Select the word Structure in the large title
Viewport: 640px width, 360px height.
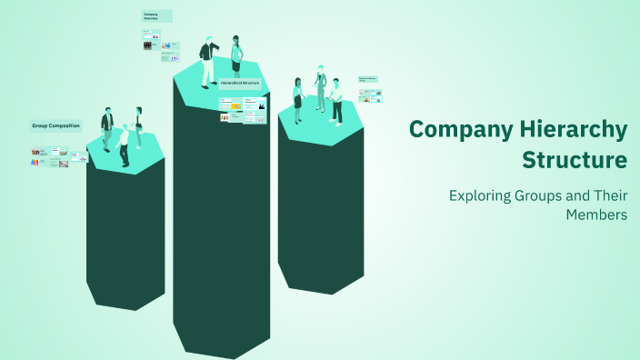[x=575, y=161]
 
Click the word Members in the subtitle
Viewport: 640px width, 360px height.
[x=596, y=215]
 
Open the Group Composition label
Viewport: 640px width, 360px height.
[x=56, y=125]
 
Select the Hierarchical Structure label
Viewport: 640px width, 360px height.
[x=240, y=83]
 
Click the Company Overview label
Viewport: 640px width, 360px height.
[x=155, y=15]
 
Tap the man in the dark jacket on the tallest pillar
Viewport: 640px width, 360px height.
[x=208, y=62]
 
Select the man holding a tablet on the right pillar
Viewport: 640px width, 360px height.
[x=336, y=100]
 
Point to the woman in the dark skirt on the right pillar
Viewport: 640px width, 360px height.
[x=297, y=99]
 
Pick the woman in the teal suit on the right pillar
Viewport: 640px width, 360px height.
[x=320, y=87]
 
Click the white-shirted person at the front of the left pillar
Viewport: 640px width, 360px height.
[x=124, y=146]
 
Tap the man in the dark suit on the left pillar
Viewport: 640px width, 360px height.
[x=107, y=129]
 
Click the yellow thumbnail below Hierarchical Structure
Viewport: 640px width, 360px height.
[x=235, y=106]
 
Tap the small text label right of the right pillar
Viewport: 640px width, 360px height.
[x=368, y=79]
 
